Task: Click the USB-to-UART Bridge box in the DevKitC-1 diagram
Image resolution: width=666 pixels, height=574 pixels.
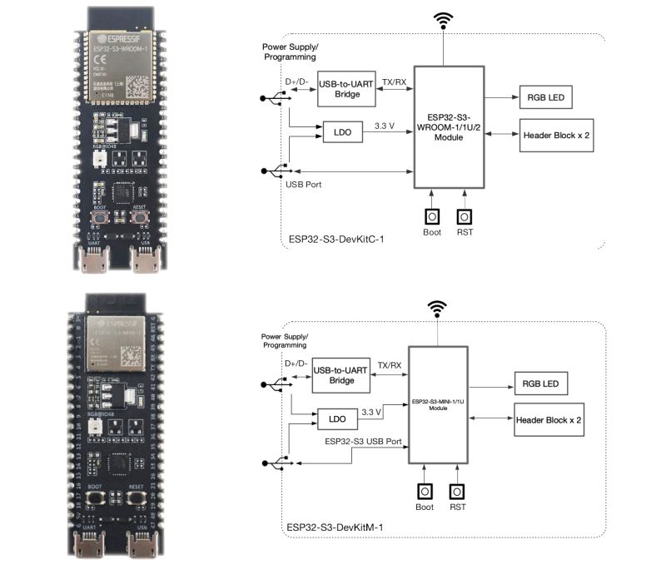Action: coord(345,88)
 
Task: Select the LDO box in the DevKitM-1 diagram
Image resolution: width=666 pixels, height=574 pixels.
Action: coord(338,420)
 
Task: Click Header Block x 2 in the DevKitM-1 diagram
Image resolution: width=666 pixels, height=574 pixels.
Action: coord(548,420)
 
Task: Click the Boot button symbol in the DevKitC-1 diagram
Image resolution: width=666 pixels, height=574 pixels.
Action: coord(432,215)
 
